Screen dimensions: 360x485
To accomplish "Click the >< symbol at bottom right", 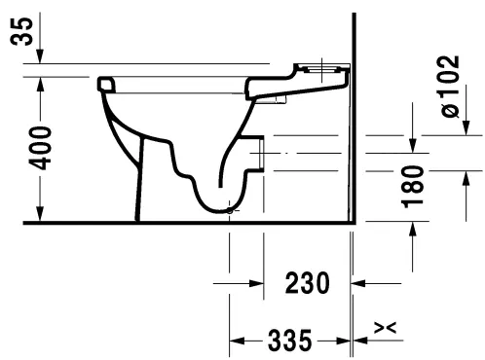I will (386, 330).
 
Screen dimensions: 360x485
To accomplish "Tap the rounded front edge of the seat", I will (105, 86).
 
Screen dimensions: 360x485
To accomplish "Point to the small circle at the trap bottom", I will (229, 209).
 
